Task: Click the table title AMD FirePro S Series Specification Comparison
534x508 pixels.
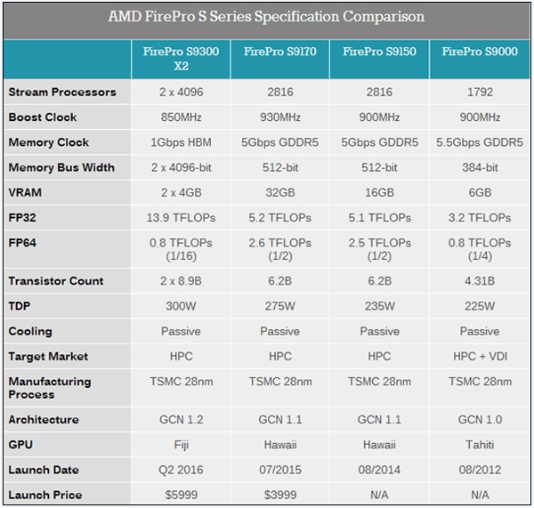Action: [266, 17]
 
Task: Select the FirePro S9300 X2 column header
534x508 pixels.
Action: [181, 59]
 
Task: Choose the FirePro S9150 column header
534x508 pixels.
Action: [380, 52]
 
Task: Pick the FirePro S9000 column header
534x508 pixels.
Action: [480, 52]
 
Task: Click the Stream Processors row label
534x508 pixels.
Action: [62, 92]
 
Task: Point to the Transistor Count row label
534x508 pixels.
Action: [56, 281]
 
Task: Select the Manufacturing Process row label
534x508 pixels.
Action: [50, 387]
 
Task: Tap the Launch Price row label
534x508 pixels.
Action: [45, 495]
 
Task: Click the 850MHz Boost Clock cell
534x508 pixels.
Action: [181, 117]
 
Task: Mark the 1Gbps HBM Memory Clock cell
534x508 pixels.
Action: [181, 142]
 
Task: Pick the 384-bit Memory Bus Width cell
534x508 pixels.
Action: [480, 167]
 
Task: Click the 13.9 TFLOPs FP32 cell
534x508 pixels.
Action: [181, 217]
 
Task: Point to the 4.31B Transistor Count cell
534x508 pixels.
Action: [480, 281]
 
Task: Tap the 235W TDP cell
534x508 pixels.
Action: [380, 306]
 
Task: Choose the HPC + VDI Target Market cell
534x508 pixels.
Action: [480, 356]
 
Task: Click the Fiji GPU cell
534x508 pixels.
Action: [181, 445]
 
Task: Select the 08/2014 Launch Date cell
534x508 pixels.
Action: [380, 470]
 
